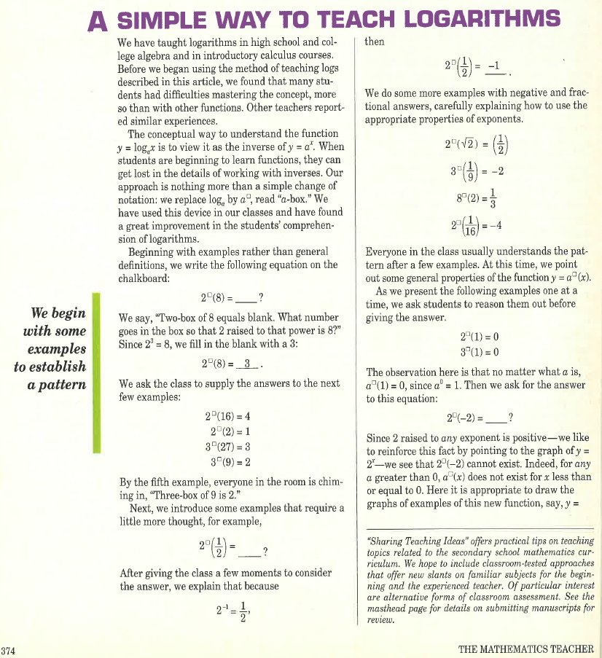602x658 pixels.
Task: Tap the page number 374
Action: [9, 649]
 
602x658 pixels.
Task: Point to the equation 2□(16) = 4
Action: [230, 417]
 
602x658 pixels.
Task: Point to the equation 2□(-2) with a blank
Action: [479, 418]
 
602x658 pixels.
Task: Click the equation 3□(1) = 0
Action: [479, 353]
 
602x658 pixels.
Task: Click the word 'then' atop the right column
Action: [375, 42]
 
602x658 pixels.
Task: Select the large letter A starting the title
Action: [97, 22]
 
